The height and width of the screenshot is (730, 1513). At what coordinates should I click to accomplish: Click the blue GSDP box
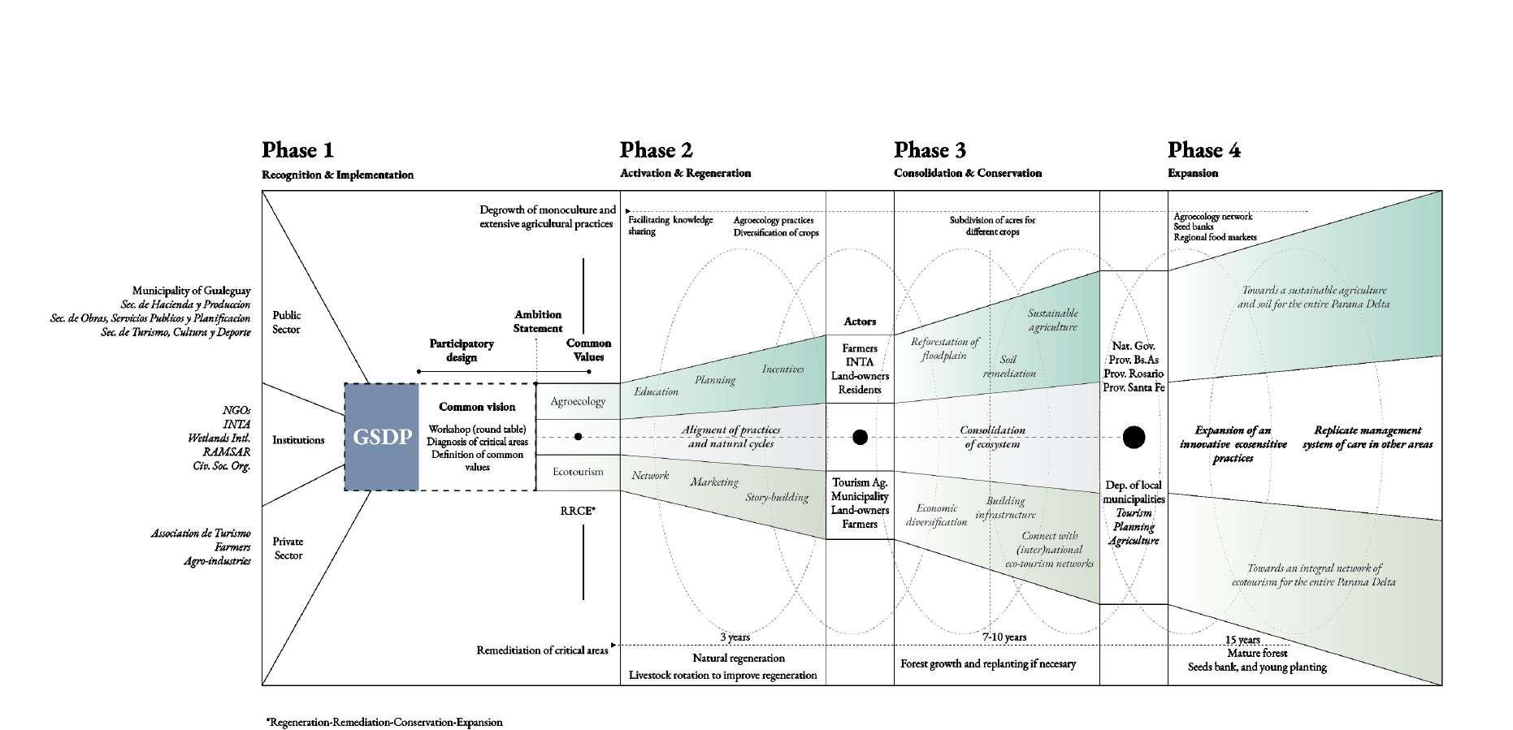point(381,437)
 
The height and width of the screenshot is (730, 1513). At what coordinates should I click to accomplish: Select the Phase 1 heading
point(297,150)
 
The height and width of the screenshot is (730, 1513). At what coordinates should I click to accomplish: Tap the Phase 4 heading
point(1203,150)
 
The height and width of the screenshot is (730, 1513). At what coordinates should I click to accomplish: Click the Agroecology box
point(578,401)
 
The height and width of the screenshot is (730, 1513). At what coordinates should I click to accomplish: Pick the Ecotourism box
point(578,472)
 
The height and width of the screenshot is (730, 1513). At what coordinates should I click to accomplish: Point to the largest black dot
point(1134,438)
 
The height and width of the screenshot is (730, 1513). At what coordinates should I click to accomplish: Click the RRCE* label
point(578,511)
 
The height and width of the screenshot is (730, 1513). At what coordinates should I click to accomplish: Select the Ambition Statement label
point(538,322)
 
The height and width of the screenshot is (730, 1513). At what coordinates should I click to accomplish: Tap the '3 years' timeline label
point(735,637)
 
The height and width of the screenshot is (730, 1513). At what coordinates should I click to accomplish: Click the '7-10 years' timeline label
point(1004,637)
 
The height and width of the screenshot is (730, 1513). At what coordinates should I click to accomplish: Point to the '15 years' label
point(1243,640)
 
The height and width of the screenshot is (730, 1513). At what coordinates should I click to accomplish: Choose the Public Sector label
point(286,322)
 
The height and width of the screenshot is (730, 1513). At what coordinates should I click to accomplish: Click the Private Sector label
point(288,548)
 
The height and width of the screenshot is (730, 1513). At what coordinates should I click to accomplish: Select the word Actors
point(860,322)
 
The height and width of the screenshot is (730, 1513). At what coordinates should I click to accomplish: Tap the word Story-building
point(777,497)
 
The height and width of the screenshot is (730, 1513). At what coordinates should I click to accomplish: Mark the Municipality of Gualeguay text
point(192,291)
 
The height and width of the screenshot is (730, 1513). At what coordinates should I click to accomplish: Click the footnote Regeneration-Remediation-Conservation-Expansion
point(384,722)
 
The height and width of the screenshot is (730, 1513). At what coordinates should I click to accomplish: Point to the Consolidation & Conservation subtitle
point(967,173)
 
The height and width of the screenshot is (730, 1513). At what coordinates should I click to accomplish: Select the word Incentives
point(783,369)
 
